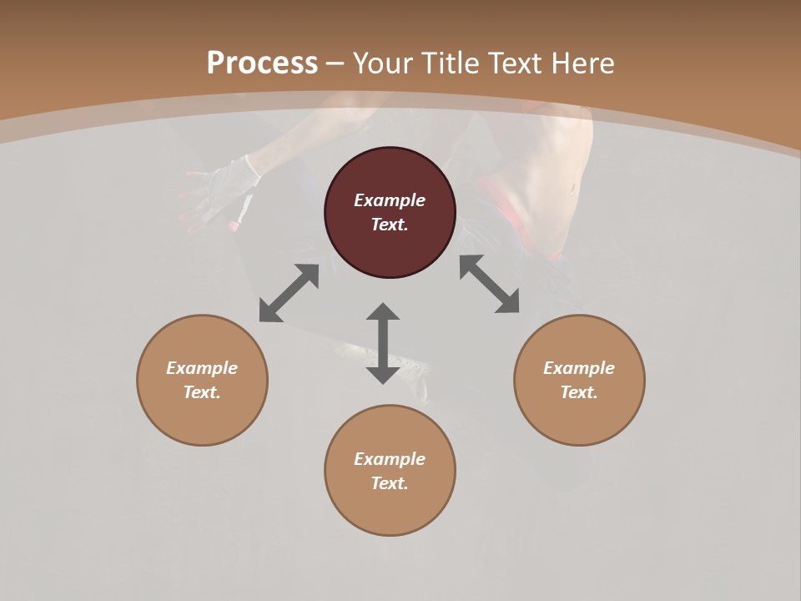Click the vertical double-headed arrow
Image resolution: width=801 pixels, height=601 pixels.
tap(383, 343)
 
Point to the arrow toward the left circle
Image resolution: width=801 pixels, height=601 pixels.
tap(289, 293)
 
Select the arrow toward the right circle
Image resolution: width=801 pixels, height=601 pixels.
tap(490, 284)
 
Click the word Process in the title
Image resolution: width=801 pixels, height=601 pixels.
tap(262, 63)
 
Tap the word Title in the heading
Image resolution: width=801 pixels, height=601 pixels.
tap(453, 63)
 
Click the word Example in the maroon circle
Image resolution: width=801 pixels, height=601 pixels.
tap(390, 200)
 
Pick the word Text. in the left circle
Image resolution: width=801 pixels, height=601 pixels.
tap(202, 392)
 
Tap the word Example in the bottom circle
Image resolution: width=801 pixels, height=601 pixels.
tap(390, 459)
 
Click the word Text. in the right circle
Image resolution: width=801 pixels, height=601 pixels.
tap(579, 392)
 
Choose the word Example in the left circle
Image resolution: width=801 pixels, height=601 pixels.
tap(202, 368)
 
